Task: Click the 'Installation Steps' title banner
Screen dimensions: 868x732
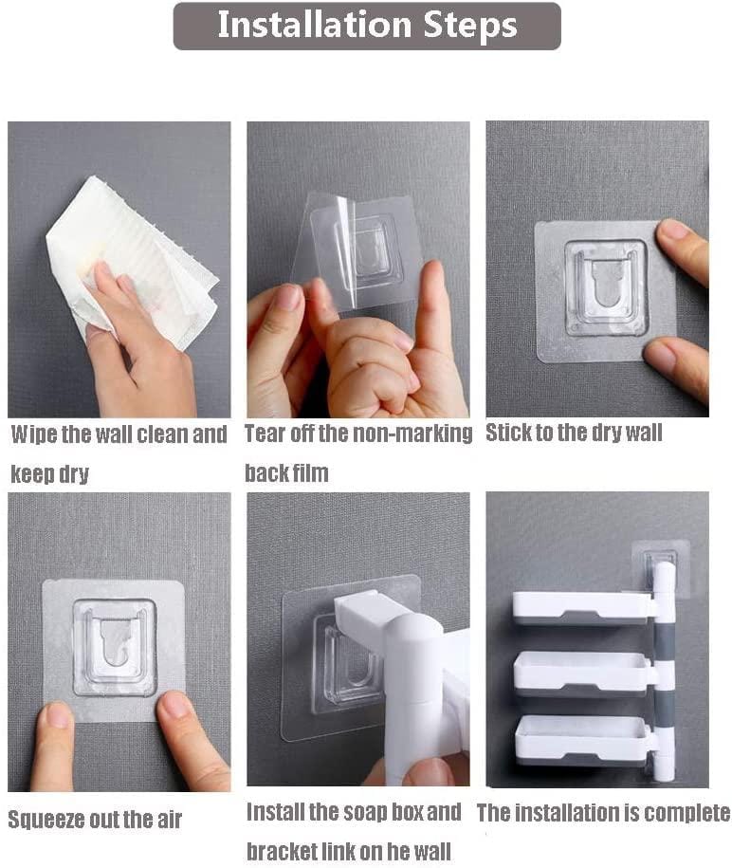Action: [367, 26]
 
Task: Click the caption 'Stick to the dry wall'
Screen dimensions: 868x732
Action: [574, 434]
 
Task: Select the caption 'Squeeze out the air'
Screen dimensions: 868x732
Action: [95, 819]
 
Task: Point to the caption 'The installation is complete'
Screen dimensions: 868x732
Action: [603, 813]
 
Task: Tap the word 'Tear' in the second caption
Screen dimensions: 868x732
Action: [265, 434]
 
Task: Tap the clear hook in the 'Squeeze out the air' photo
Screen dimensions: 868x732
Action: [115, 645]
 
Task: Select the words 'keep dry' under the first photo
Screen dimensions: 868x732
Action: [49, 473]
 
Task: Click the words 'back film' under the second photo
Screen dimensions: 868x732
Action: [286, 472]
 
